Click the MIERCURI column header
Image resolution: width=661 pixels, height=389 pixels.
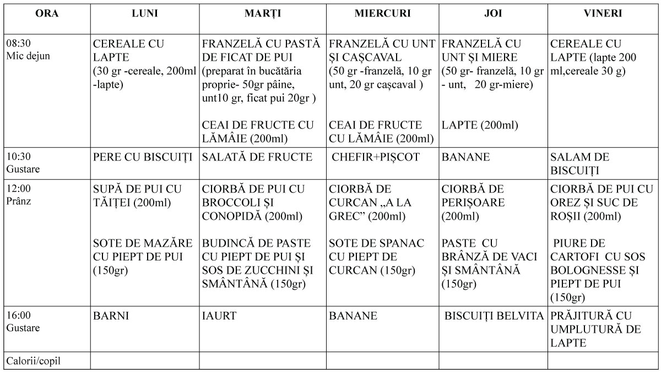382,14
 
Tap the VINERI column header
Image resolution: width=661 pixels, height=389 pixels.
603,14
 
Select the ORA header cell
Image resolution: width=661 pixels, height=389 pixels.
47,14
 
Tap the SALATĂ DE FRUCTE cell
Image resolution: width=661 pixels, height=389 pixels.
257,157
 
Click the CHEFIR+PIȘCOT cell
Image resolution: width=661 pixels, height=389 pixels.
375,157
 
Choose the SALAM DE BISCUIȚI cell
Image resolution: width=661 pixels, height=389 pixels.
579,164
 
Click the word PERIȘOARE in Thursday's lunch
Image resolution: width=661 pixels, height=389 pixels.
473,203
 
